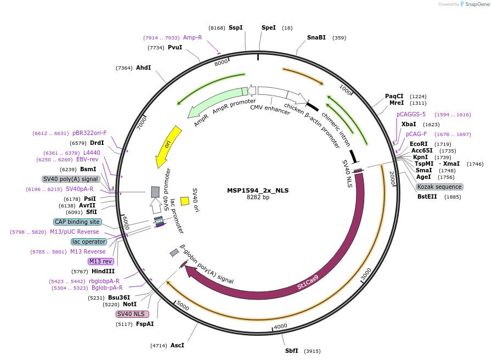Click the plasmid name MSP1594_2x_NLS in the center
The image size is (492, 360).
tap(258, 191)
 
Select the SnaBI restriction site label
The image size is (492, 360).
tap(316, 38)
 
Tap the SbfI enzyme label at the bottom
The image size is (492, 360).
tap(291, 351)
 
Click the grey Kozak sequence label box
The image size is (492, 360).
tap(439, 187)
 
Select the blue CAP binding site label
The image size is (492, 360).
tap(77, 222)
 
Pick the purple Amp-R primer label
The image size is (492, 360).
tap(192, 38)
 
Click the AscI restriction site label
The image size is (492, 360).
tap(177, 345)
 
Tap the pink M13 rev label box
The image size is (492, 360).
tap(100, 261)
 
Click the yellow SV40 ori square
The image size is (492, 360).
tap(185, 201)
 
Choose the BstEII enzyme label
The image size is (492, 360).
tap(427, 196)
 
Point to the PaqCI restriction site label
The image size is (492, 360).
tap(394, 96)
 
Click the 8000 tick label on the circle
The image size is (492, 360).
tap(221, 63)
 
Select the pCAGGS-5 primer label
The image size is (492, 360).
tap(411, 114)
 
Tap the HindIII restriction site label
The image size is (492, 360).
tap(103, 271)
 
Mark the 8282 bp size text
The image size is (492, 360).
tap(258, 198)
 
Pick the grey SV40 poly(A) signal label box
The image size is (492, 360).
tap(70, 179)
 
